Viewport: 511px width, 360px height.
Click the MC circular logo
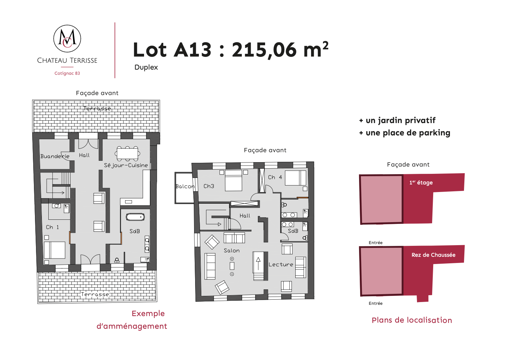[67, 38]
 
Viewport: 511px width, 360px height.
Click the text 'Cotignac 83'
[67, 73]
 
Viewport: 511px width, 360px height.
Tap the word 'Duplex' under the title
[146, 67]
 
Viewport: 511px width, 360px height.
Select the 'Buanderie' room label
[55, 156]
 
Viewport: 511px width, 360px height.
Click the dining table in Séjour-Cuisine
[127, 154]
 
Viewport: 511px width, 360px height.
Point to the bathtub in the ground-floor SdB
[135, 217]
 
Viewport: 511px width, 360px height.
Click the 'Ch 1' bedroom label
[52, 227]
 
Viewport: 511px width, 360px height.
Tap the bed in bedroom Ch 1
[55, 250]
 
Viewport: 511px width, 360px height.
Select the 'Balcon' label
[185, 186]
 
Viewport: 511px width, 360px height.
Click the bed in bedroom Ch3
[233, 180]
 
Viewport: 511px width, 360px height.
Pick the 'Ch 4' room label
[275, 177]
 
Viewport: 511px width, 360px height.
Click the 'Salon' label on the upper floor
[231, 251]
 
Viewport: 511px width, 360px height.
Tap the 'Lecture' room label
[281, 264]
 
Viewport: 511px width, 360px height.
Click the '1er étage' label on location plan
[421, 182]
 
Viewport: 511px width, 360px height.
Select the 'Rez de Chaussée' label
[433, 255]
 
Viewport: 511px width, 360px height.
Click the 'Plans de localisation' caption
[412, 320]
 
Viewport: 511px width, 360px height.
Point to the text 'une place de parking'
[408, 133]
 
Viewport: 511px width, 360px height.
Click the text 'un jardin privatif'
[401, 120]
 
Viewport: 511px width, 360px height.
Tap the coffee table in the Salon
[232, 266]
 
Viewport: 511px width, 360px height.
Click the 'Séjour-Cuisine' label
[126, 165]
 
